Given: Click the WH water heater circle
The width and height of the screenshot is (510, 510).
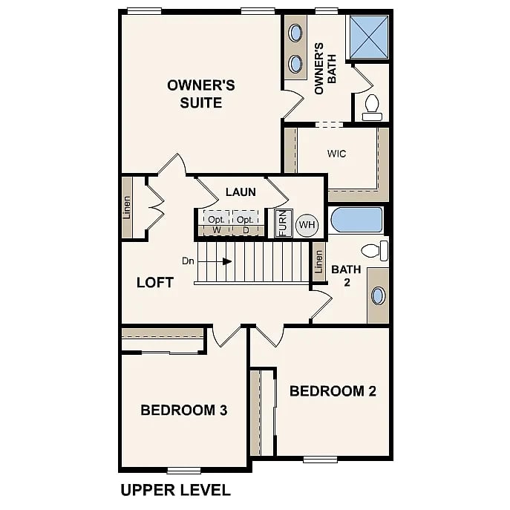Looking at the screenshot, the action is pyautogui.click(x=307, y=225).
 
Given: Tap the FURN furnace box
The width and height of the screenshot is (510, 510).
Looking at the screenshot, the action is pyautogui.click(x=284, y=223).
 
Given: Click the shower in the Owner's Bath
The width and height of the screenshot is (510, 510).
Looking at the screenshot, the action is pyautogui.click(x=369, y=37).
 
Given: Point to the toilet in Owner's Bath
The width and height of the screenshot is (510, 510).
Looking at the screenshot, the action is pyautogui.click(x=372, y=108).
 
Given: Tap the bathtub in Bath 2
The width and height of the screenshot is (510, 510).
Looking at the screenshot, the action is pyautogui.click(x=357, y=220).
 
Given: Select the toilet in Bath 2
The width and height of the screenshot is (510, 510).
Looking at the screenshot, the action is pyautogui.click(x=375, y=251).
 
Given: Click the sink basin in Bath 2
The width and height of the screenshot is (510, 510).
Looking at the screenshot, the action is pyautogui.click(x=379, y=295).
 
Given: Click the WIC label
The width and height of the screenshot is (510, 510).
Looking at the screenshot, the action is pyautogui.click(x=336, y=154).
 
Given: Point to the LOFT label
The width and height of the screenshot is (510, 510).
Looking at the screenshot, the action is pyautogui.click(x=155, y=283).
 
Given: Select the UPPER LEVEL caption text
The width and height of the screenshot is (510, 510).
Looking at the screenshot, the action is pyautogui.click(x=176, y=490).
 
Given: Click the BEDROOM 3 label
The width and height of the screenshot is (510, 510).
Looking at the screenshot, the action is pyautogui.click(x=184, y=410).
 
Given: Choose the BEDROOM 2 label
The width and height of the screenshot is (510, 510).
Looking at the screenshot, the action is pyautogui.click(x=333, y=391).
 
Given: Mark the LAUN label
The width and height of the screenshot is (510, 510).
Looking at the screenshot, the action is pyautogui.click(x=241, y=192).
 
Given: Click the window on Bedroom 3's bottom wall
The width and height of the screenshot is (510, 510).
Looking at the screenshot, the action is pyautogui.click(x=184, y=471).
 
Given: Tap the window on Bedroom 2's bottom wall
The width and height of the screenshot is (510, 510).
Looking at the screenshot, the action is pyautogui.click(x=321, y=460).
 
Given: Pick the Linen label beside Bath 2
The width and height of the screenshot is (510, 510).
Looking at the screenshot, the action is pyautogui.click(x=319, y=262).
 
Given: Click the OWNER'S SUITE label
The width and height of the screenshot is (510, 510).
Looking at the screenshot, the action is pyautogui.click(x=201, y=94).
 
